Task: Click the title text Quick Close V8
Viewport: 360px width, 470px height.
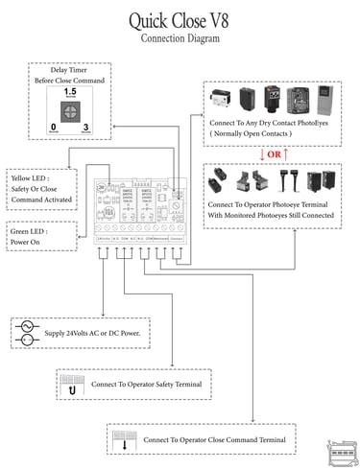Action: pos(180,20)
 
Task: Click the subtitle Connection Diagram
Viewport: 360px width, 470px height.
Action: pos(180,39)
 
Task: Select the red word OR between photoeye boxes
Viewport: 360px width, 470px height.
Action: pos(276,154)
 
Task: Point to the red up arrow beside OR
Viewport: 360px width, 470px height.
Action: pos(289,154)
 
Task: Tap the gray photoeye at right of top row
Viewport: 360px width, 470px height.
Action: pos(326,100)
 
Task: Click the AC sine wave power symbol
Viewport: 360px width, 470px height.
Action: pos(27,327)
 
